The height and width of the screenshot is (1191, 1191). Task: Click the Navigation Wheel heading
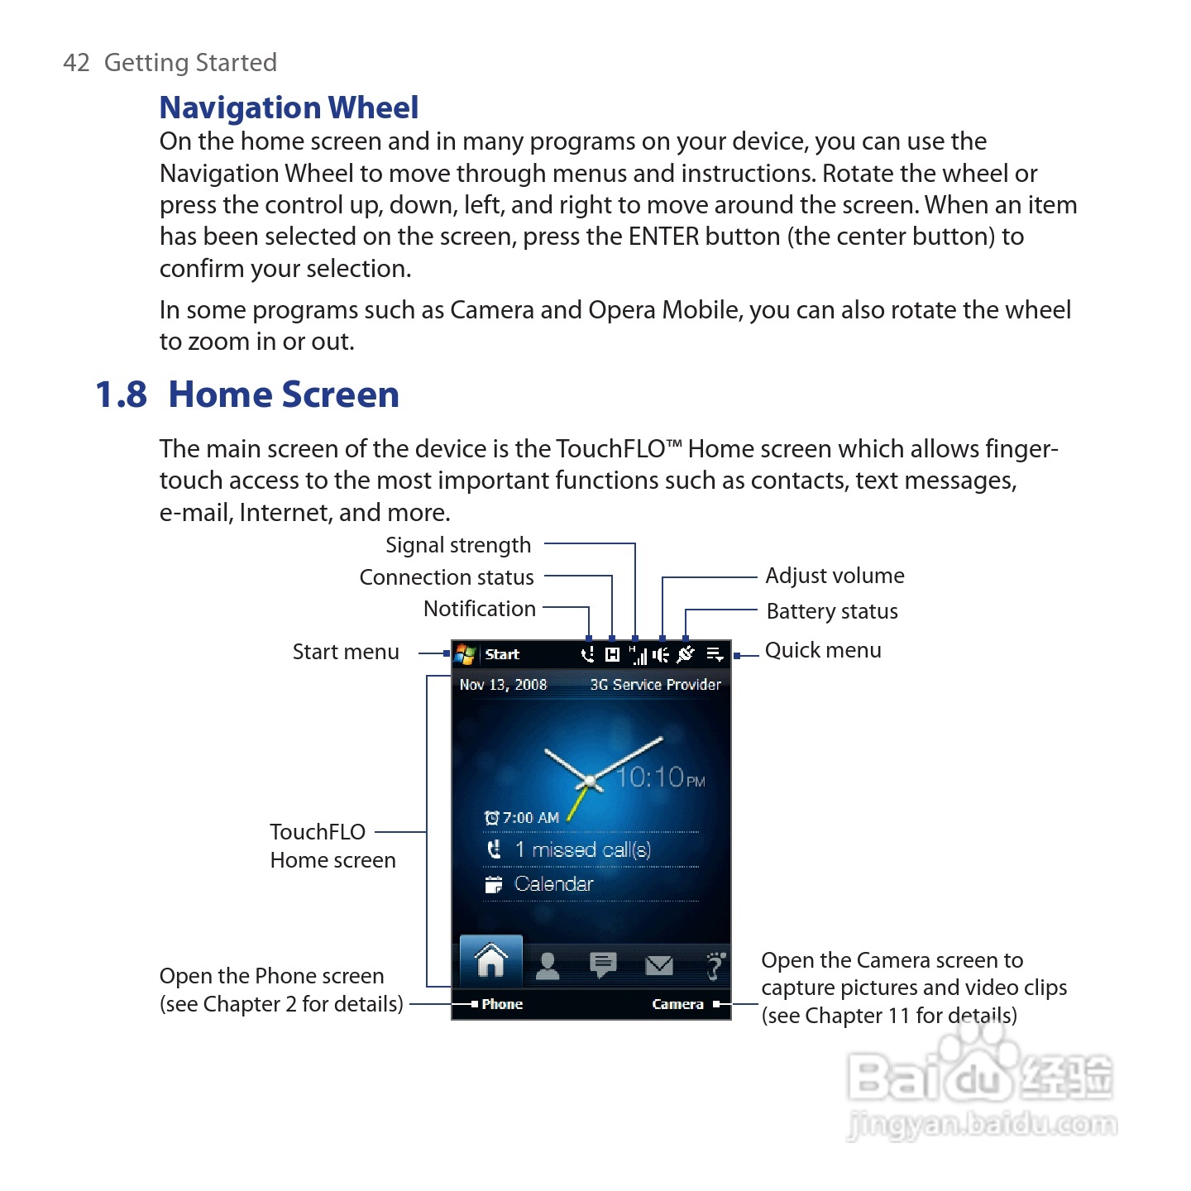[289, 108]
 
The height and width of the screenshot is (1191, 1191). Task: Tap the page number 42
[76, 63]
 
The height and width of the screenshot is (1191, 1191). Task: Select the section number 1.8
[121, 395]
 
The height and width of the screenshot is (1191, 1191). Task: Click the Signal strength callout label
[458, 545]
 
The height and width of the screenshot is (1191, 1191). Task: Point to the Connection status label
[447, 577]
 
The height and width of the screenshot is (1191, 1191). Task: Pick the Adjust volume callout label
[835, 576]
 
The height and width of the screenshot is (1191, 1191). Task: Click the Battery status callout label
[832, 611]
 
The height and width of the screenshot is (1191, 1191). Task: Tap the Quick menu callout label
[823, 650]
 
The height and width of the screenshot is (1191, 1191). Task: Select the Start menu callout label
[346, 652]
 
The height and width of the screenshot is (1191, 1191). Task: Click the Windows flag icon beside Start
[466, 654]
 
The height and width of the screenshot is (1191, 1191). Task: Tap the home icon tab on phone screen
[491, 961]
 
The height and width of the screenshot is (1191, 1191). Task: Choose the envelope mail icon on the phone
[659, 965]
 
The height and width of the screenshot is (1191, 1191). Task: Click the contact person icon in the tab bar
[548, 965]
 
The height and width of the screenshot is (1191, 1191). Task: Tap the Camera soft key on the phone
[677, 1004]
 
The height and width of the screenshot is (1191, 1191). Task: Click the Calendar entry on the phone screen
[553, 884]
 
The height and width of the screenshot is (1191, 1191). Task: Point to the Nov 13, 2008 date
[503, 685]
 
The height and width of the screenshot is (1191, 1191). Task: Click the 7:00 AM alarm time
[530, 818]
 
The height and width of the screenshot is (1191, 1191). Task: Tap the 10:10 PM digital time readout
[661, 777]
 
